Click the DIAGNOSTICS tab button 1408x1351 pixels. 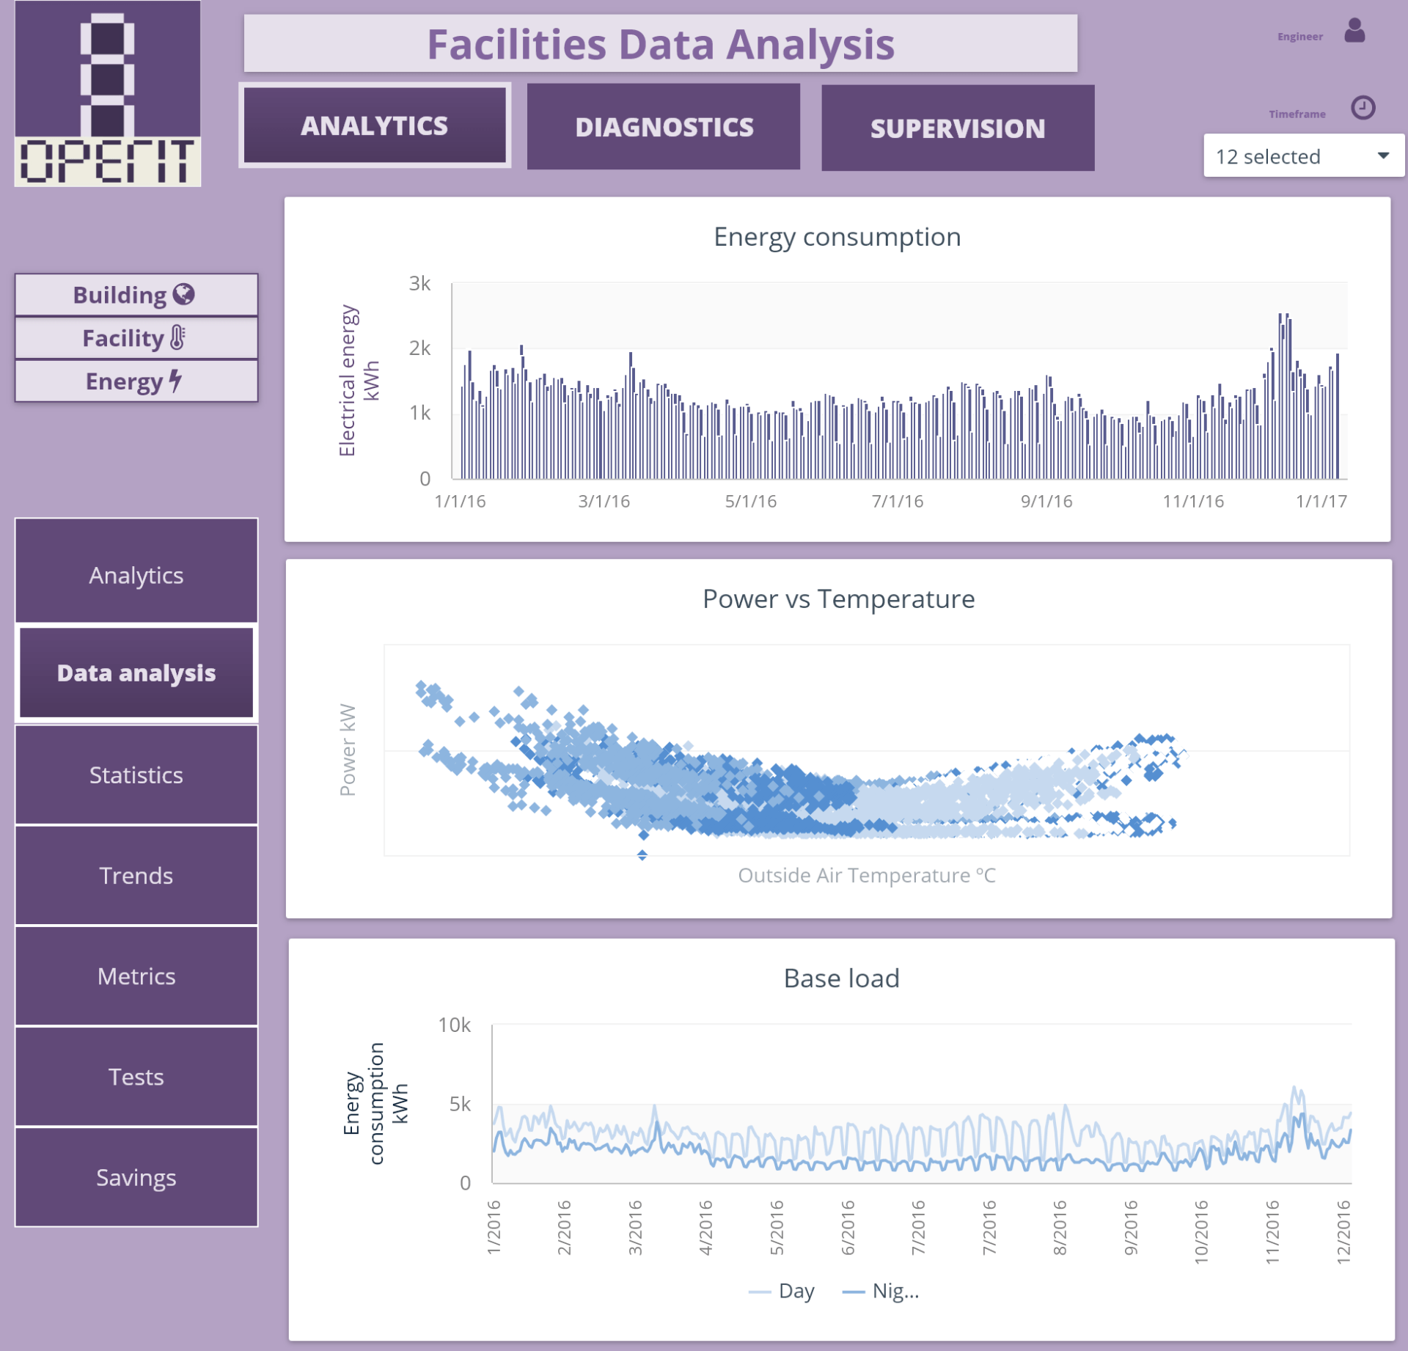[663, 127]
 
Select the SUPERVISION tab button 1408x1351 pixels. [957, 128]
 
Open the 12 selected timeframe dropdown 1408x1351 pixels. [1302, 156]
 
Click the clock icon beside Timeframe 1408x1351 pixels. [1362, 109]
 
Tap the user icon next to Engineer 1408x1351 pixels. [1354, 32]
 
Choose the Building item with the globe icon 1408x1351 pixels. [136, 295]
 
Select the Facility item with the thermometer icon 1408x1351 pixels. [136, 338]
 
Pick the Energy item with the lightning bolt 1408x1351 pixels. [136, 381]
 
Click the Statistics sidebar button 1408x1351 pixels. [136, 775]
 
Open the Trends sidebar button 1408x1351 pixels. [136, 875]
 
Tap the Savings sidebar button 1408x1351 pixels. [136, 1177]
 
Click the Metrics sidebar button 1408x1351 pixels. [136, 976]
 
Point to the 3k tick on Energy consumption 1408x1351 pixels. [419, 284]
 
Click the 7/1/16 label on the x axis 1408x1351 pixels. [897, 502]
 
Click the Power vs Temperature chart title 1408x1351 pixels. [838, 599]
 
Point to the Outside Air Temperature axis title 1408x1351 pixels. [866, 875]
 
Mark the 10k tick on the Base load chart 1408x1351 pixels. [454, 1025]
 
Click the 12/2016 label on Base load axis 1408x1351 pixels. [1343, 1231]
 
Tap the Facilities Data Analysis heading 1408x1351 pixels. [660, 44]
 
